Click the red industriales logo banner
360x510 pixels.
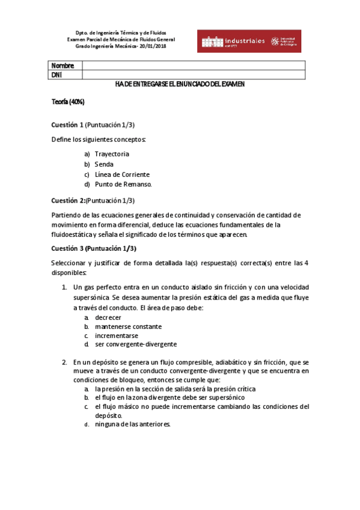pos(249,41)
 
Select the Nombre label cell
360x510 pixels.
pos(63,66)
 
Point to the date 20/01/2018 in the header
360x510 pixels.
pos(153,46)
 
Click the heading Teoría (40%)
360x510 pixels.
pos(67,102)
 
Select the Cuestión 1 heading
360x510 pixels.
pos(67,125)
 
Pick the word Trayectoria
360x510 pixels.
pos(111,154)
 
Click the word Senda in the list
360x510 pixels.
pos(103,164)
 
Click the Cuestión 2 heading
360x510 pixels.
pos(68,200)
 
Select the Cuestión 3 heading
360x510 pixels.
pos(67,248)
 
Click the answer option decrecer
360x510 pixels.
pos(108,318)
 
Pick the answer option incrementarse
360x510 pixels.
pos(117,336)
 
